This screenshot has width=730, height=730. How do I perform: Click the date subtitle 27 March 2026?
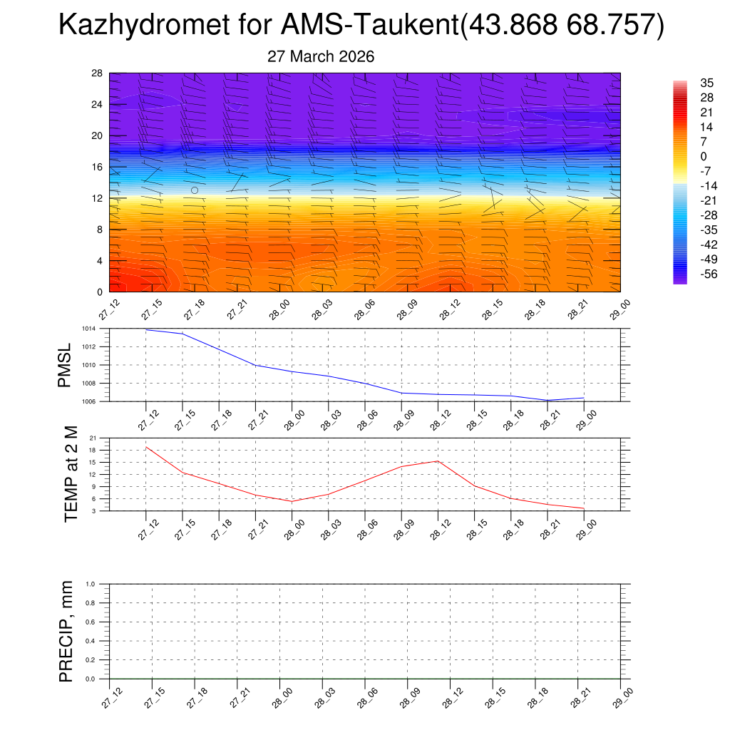321,56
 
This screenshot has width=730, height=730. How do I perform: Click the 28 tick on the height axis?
98,73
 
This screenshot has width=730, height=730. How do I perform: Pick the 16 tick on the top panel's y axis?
98,167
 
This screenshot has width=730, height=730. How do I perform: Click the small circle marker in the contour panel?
195,190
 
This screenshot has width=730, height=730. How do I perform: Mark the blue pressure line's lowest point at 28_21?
547,400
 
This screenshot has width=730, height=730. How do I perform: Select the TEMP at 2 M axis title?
71,473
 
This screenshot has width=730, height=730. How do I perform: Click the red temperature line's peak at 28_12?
438,461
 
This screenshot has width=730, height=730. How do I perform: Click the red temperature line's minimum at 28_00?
292,501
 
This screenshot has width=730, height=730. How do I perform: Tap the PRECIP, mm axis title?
66,632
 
